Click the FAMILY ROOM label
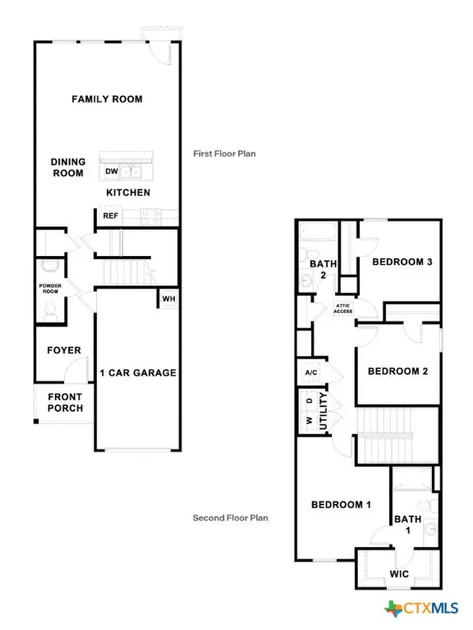click(x=107, y=99)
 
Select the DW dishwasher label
click(x=111, y=172)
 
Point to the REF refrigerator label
click(x=110, y=216)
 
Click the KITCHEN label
click(x=127, y=193)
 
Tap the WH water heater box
click(x=168, y=299)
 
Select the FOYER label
click(x=63, y=350)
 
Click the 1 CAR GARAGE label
click(x=137, y=372)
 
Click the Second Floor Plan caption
click(x=230, y=518)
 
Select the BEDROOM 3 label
click(x=402, y=262)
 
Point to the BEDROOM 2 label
click(x=397, y=371)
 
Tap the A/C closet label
click(x=311, y=372)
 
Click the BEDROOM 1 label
click(x=341, y=504)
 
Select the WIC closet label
click(x=399, y=574)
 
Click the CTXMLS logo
click(x=424, y=608)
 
